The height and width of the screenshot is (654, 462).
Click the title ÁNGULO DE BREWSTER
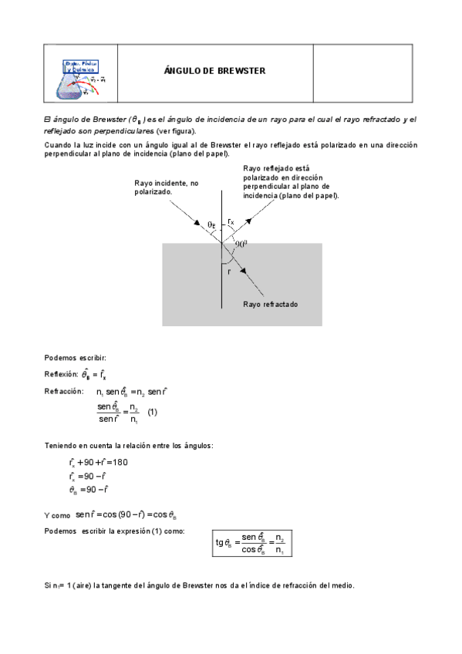pyautogui.click(x=214, y=71)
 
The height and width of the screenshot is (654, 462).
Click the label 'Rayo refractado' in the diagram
pyautogui.click(x=270, y=304)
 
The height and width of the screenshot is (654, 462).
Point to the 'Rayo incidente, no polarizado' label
pyautogui.click(x=166, y=187)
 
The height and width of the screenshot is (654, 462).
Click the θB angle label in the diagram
pyautogui.click(x=211, y=224)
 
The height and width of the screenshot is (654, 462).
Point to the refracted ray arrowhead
pyautogui.click(x=243, y=270)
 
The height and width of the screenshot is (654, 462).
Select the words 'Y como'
pyautogui.click(x=58, y=515)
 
